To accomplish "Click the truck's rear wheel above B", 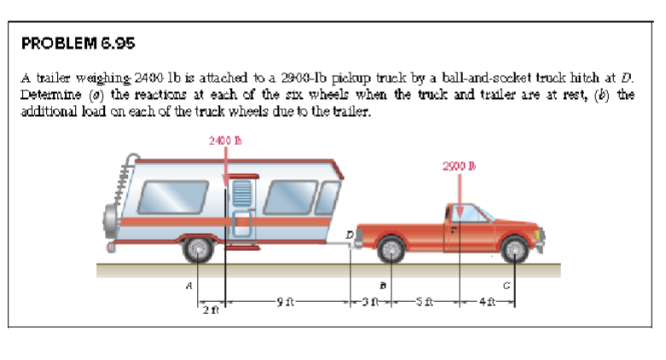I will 390,248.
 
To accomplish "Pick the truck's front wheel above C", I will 514,248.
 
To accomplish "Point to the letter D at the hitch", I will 349,231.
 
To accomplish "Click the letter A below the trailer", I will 188,287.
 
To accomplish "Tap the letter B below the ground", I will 381,287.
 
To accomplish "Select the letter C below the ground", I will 507,287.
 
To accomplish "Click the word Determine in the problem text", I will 51,92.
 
